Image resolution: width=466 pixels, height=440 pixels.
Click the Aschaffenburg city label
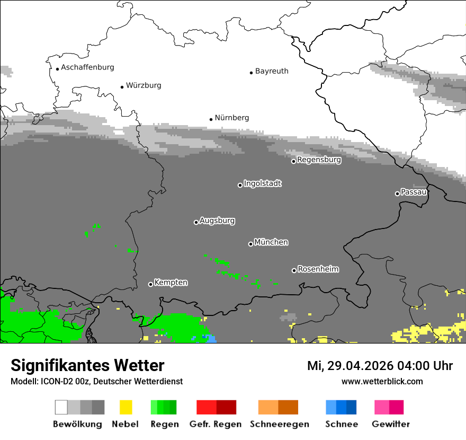coord(87,68)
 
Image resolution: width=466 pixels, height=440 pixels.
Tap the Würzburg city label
coord(144,85)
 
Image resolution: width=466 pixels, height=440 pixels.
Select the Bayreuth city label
coord(272,71)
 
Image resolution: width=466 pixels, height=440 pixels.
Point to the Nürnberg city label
coord(232,118)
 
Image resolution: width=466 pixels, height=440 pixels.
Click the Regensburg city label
coord(319,160)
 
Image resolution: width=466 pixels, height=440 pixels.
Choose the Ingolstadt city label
coord(263,183)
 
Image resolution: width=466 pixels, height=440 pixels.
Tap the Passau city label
coord(414,192)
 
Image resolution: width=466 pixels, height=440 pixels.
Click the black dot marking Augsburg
coord(196,222)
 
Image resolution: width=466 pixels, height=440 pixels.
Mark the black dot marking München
coord(250,244)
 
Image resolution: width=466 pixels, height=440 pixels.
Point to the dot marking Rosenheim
coord(294,270)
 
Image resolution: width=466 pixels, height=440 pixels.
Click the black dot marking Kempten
coord(150,284)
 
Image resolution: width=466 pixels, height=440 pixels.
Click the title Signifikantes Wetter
coord(87,365)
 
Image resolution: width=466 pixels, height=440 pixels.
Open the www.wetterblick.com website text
coord(382,381)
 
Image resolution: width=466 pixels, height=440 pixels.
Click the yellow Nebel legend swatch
coord(126,407)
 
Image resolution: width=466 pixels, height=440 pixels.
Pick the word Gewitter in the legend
coord(391,424)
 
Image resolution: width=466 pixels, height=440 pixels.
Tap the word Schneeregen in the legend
coord(279,424)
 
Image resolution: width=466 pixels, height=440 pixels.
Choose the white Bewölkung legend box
coord(61,407)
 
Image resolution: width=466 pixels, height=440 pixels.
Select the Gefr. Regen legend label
coord(216,424)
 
